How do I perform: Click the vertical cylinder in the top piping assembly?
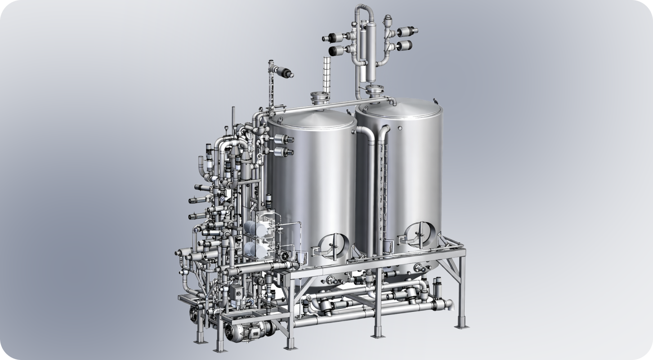pos(364,49)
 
